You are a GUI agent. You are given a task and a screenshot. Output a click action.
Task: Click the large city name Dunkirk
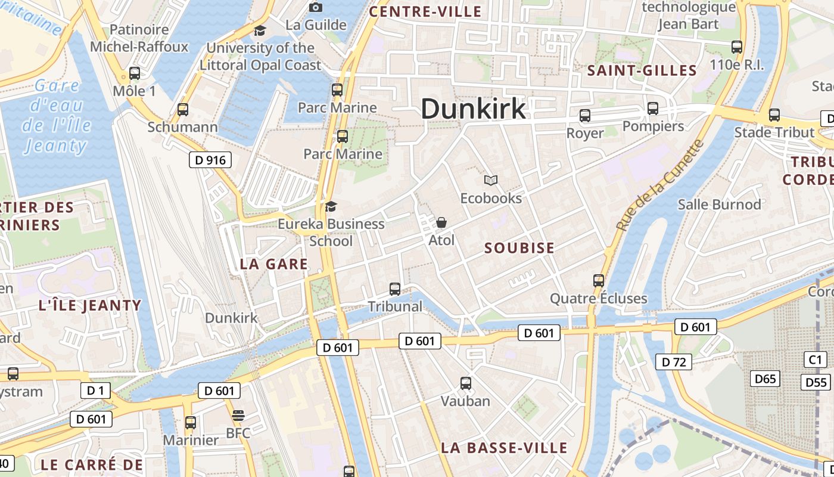pos(474,109)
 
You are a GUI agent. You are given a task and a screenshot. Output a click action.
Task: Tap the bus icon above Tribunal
pos(394,289)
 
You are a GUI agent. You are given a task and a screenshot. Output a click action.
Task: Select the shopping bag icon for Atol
pos(441,222)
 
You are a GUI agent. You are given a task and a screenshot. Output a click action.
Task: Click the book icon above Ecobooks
pos(491,180)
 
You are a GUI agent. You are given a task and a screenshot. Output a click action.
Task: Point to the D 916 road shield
pos(210,160)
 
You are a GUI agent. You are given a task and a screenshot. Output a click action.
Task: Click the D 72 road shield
pos(674,362)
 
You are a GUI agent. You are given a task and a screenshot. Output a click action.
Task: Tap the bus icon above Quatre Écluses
pos(599,280)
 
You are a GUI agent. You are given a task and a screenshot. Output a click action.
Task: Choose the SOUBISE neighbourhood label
pos(519,248)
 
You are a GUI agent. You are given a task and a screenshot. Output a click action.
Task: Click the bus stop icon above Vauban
pos(466,383)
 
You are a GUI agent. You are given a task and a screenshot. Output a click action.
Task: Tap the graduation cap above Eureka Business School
pos(331,206)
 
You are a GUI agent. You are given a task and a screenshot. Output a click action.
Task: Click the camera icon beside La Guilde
pos(316,7)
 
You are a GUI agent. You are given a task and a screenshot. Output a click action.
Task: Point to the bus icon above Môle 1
pos(135,73)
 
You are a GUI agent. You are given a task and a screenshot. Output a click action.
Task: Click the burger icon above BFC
pos(238,415)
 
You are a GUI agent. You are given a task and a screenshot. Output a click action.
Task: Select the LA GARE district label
pos(274,264)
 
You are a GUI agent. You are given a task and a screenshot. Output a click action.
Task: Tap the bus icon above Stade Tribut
pos(774,114)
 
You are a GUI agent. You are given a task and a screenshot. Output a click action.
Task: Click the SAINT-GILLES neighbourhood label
pos(642,70)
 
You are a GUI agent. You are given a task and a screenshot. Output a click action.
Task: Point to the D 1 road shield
pos(95,391)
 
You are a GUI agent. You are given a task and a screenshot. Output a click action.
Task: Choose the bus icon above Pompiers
pos(653,109)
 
